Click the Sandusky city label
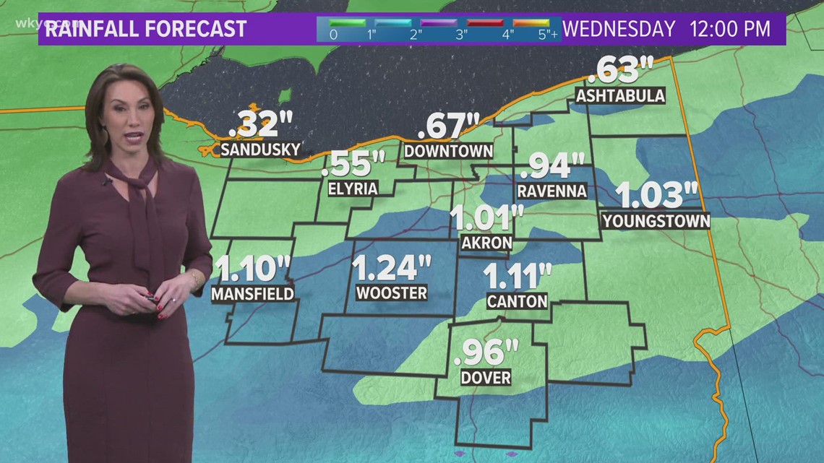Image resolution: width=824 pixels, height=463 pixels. coord(260,150)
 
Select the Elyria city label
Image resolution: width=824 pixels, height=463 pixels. coord(353,189)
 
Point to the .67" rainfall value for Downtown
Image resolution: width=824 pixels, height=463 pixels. coord(449,126)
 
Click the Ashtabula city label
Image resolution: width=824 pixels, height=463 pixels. coord(620,95)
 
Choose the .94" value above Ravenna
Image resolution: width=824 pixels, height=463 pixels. coord(552,165)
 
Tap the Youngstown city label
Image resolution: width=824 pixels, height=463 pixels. coord(656,220)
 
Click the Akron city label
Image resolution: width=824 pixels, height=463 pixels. coord(486,243)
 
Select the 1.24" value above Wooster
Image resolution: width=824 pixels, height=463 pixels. coord(391,269)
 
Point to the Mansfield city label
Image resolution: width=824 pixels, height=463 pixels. coord(252,293)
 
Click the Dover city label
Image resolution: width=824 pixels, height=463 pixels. coord(486,377)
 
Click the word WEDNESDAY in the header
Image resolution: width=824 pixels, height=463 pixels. coord(619,29)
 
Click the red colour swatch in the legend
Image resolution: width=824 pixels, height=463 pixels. coord(484,22)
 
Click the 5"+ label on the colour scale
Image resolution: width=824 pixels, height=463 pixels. coord(549,34)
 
